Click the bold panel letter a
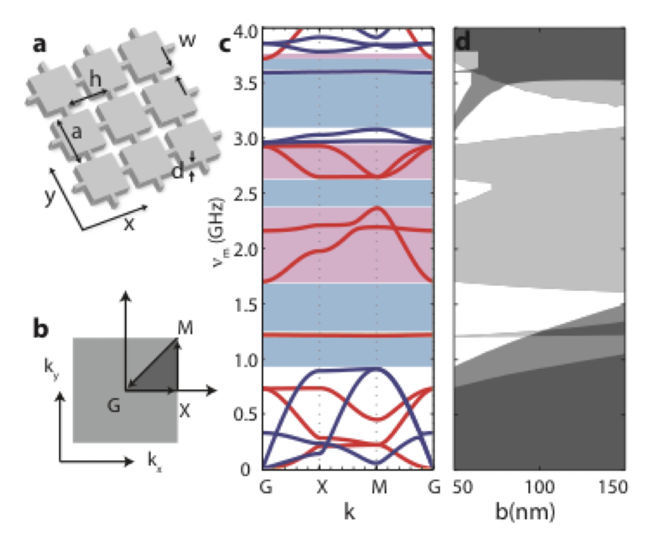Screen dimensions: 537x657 click(x=39, y=45)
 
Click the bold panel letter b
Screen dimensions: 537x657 click(x=40, y=329)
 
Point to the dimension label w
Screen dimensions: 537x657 click(x=188, y=39)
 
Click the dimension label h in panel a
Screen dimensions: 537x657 click(x=95, y=79)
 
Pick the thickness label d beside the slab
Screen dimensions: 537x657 click(x=178, y=170)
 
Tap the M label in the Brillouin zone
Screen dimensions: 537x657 click(x=185, y=328)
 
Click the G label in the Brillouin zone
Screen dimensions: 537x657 click(x=113, y=405)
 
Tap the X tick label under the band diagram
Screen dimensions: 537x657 click(x=322, y=487)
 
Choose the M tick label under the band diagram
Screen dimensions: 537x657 click(x=379, y=487)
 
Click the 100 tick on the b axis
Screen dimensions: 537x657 click(x=540, y=487)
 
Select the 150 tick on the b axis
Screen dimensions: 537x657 click(x=612, y=487)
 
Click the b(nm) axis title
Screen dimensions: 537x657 click(x=525, y=512)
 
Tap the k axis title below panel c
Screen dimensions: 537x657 click(x=349, y=512)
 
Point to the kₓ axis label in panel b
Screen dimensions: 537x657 click(x=154, y=460)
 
